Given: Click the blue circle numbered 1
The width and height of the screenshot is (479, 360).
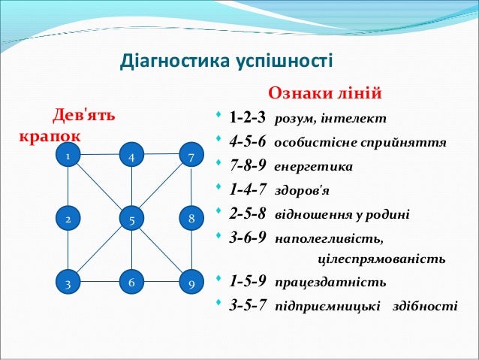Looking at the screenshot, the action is pos(68,155).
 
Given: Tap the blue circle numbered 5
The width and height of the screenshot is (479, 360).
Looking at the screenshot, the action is pos(131,219).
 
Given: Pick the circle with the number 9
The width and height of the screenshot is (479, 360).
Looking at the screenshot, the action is pos(191,282).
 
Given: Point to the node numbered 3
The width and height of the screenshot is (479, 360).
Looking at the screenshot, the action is pos(68,282).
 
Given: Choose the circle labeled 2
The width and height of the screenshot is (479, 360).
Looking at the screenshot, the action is pos(68,218).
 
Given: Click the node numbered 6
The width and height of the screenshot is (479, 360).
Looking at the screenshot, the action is pos(131,282).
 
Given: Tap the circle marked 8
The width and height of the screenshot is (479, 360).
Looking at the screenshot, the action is pos(191,218).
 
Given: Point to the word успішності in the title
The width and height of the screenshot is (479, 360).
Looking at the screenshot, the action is pos(285,62).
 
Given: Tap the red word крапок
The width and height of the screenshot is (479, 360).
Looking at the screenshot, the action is pos(50,137).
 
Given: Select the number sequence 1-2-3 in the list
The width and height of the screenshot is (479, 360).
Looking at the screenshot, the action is pos(248,117).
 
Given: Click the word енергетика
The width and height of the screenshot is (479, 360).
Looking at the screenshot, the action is pos(313,167).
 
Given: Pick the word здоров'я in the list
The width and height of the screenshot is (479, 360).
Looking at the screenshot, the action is pos(302,191).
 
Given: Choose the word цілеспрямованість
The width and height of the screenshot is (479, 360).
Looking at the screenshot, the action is pos(381,259).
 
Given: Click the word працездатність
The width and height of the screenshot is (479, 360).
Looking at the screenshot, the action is pos(330,282).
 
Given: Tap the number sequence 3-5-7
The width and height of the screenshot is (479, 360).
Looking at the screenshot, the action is pos(248,305).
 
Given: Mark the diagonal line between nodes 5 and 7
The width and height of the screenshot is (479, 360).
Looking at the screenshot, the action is pos(161,186).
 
